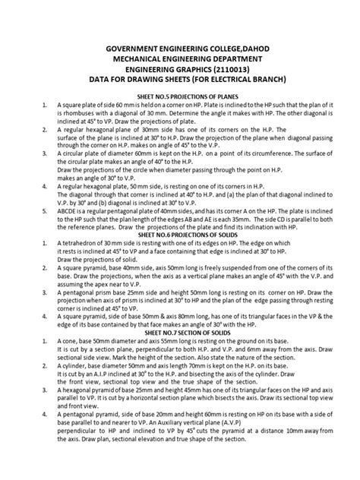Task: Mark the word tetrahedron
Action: point(83,266)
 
